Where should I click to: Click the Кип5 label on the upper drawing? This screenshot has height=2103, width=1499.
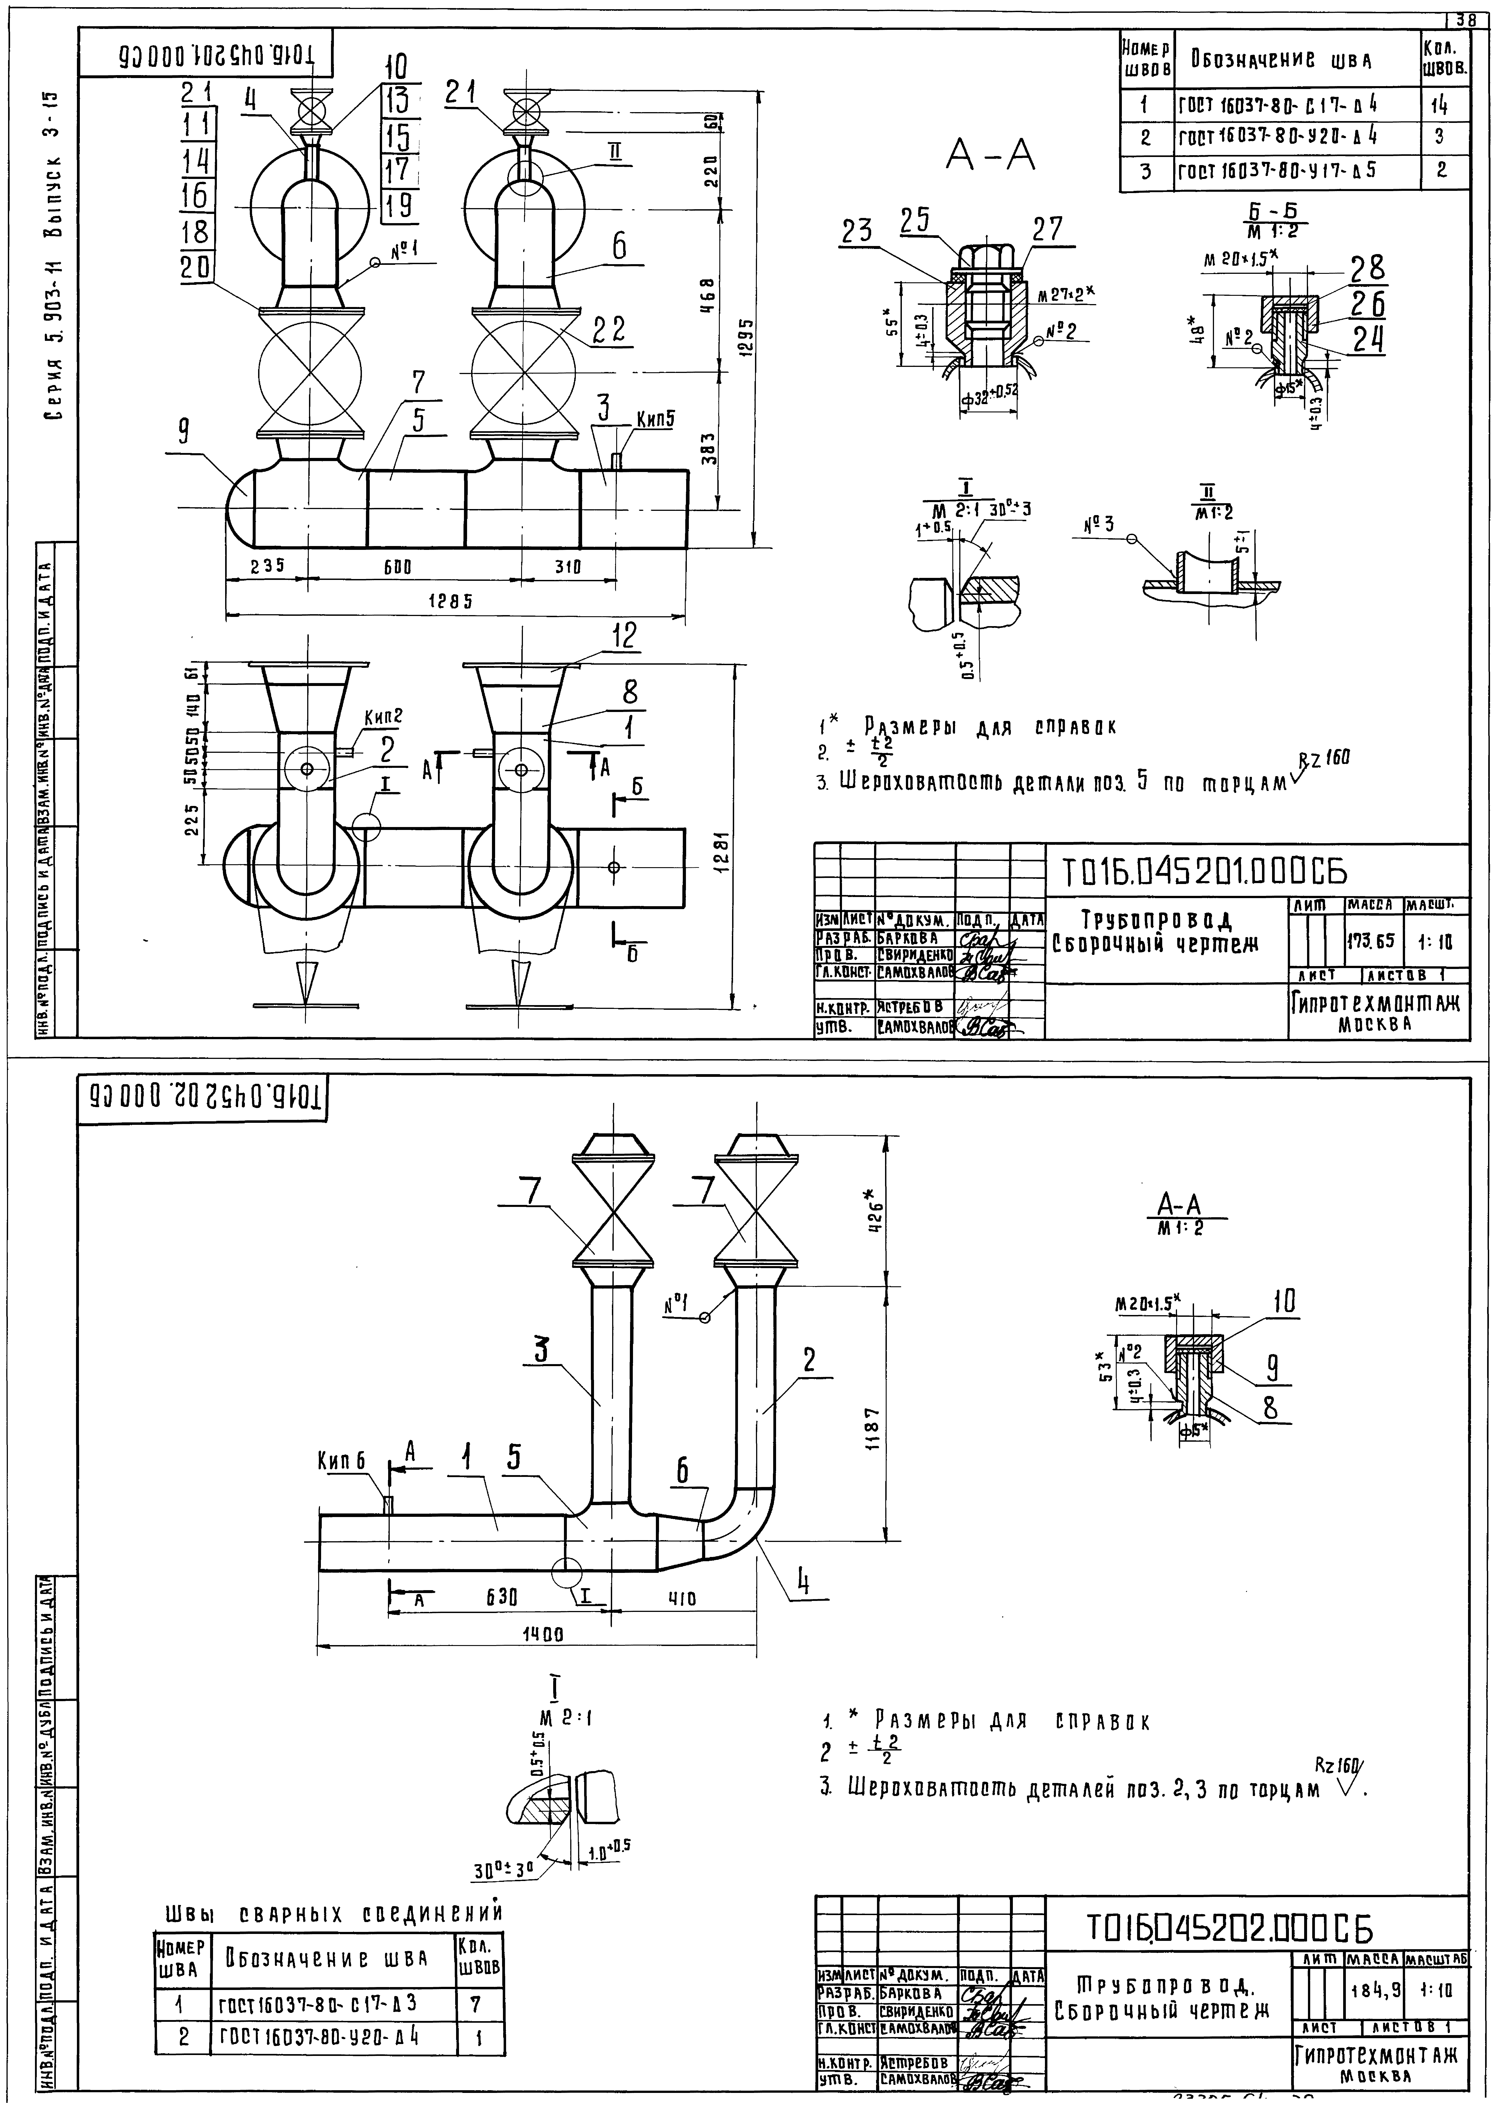click(655, 418)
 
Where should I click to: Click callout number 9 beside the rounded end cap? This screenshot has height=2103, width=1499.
click(183, 432)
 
